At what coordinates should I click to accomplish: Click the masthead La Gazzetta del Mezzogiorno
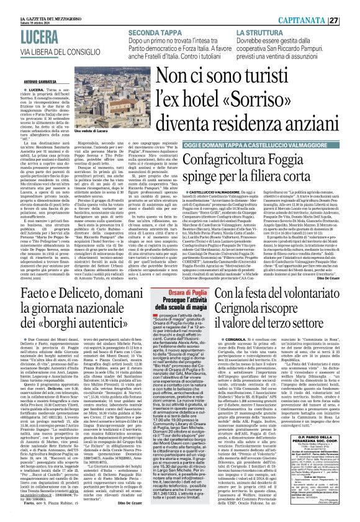(28, 4)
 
